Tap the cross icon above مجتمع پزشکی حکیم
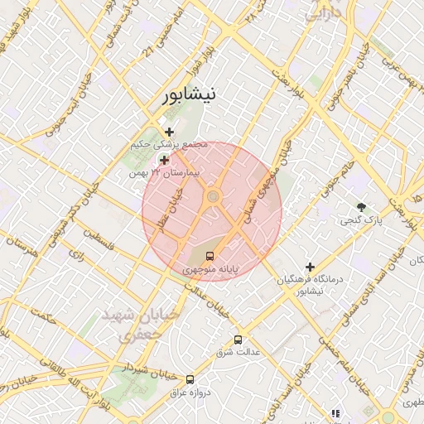click(x=169, y=132)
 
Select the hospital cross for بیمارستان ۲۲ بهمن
click(x=164, y=160)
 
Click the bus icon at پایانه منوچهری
click(x=210, y=255)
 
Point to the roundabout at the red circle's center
click(x=213, y=196)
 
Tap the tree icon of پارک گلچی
click(x=360, y=206)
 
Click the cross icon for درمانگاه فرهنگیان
click(x=311, y=267)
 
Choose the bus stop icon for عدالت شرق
click(x=238, y=339)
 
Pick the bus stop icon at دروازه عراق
click(x=190, y=378)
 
